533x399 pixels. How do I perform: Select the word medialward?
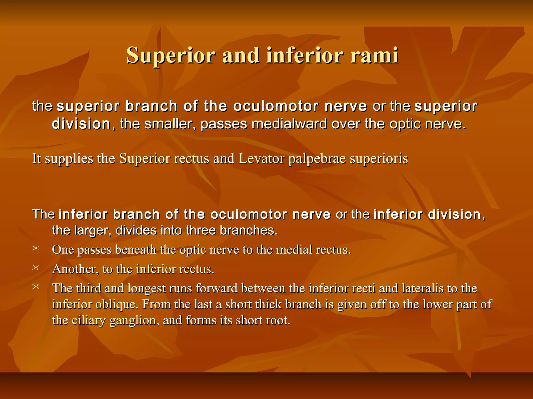(289, 124)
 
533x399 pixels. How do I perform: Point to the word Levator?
(261, 158)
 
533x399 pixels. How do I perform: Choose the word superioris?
(379, 159)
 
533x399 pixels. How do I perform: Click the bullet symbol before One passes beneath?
(36, 248)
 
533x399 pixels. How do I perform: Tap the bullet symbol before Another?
(36, 267)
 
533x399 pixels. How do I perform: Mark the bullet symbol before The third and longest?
(36, 287)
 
